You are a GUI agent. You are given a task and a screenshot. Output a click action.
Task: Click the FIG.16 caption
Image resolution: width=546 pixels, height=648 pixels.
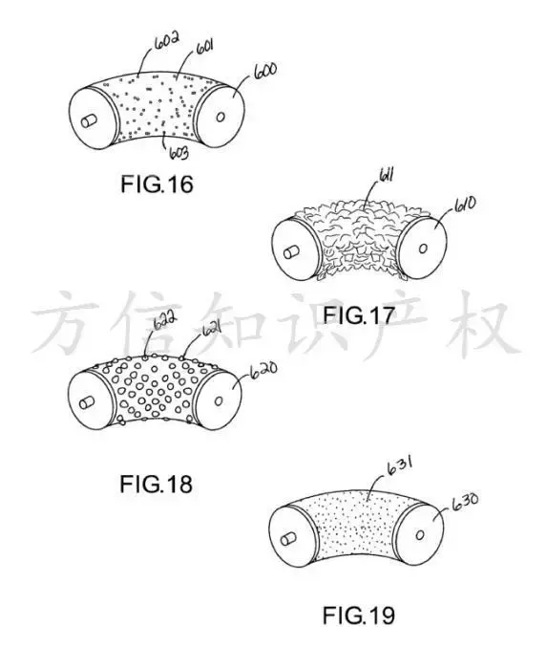pyautogui.click(x=157, y=184)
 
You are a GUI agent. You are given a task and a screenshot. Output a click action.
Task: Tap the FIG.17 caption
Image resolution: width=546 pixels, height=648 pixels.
pyautogui.click(x=358, y=315)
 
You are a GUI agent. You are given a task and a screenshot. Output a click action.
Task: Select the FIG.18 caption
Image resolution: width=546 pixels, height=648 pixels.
pyautogui.click(x=156, y=484)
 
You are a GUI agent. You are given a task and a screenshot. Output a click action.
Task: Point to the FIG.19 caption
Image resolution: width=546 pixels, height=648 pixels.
pyautogui.click(x=359, y=616)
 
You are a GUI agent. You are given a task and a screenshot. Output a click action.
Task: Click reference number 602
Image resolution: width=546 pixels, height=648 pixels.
pyautogui.click(x=166, y=40)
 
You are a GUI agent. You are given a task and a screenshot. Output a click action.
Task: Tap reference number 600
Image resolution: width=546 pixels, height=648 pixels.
pyautogui.click(x=265, y=73)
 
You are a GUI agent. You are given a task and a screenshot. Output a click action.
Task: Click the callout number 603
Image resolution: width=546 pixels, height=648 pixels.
pyautogui.click(x=179, y=153)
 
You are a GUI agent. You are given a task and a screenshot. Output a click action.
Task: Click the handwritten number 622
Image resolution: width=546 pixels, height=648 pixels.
pyautogui.click(x=165, y=321)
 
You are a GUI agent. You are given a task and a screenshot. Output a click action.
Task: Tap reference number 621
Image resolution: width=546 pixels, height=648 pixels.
pyautogui.click(x=211, y=330)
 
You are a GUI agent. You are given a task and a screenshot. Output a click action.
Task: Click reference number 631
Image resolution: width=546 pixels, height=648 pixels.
pyautogui.click(x=400, y=466)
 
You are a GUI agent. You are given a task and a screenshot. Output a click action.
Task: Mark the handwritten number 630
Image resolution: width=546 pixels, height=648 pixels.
pyautogui.click(x=466, y=501)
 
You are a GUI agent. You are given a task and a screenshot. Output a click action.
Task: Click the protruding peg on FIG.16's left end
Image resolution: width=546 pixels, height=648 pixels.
pyautogui.click(x=89, y=121)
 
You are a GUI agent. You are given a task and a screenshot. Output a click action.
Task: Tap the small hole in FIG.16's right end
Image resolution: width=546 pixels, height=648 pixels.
pyautogui.click(x=220, y=118)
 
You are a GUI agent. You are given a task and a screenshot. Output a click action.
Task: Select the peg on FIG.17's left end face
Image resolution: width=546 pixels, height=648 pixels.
pyautogui.click(x=292, y=252)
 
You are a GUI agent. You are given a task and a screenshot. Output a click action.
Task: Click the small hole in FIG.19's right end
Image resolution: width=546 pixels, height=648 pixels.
pyautogui.click(x=420, y=535)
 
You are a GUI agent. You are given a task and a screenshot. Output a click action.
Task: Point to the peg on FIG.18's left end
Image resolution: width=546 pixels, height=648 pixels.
pyautogui.click(x=88, y=403)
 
